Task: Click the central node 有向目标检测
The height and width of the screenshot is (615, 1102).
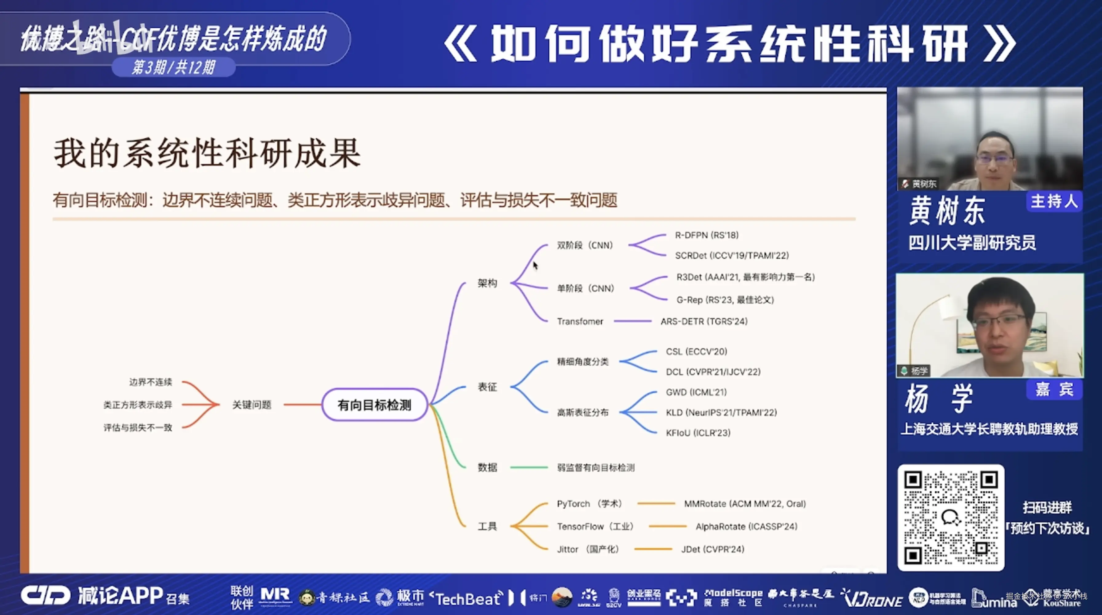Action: (x=374, y=405)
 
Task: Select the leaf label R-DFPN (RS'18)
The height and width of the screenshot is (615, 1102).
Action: (x=706, y=235)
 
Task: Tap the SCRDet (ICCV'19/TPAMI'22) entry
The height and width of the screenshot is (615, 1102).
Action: (x=731, y=255)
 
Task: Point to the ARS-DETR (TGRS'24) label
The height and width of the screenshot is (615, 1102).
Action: (x=704, y=321)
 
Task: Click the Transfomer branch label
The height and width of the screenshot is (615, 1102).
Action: (x=580, y=321)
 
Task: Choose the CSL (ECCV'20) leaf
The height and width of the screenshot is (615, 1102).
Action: (x=696, y=351)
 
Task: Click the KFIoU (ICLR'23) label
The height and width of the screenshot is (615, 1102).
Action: (x=698, y=433)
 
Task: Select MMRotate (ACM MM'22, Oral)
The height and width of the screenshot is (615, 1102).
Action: (x=745, y=504)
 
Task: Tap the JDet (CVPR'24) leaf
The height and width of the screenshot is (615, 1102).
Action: (x=712, y=549)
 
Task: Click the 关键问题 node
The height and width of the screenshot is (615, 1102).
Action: (x=252, y=405)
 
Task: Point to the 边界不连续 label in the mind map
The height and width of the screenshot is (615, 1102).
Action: (x=151, y=382)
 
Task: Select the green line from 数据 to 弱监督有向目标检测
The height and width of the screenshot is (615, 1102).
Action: (x=529, y=467)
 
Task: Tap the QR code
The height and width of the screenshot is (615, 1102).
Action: (x=950, y=518)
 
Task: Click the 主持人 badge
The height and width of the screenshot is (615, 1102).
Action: (x=1054, y=201)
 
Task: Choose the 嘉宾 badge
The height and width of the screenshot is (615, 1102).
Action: (x=1054, y=390)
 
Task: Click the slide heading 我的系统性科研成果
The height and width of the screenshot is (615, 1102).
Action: (x=207, y=153)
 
